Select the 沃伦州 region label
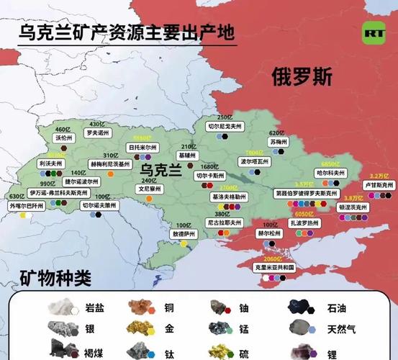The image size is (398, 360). [63, 138]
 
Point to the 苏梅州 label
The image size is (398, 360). [278, 142]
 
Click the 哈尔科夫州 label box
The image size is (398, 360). [331, 174]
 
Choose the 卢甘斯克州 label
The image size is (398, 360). [378, 185]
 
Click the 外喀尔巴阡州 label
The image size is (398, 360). [26, 205]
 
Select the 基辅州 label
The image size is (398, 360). [186, 155]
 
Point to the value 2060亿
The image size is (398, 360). [273, 258]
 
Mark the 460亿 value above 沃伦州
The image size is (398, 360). [63, 129]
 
